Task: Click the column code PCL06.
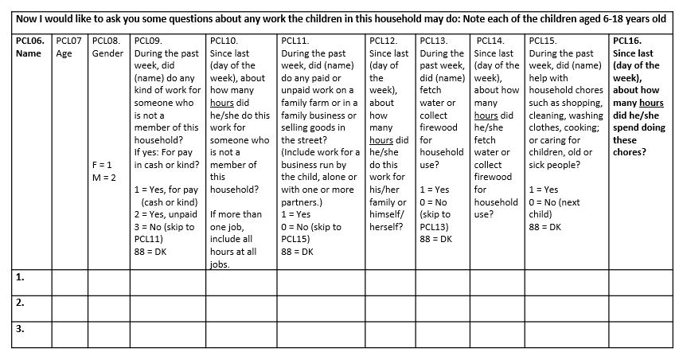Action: point(29,41)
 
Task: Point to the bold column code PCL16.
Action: point(629,41)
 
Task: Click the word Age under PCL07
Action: point(64,53)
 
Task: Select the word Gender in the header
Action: point(107,53)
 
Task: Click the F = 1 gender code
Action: point(103,164)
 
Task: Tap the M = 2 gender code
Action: point(104,177)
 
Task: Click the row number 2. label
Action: point(20,303)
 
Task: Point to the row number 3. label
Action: point(20,328)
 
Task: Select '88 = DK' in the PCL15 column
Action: point(544,226)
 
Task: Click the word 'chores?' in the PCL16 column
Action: point(630,152)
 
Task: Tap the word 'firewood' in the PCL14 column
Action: point(494,177)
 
